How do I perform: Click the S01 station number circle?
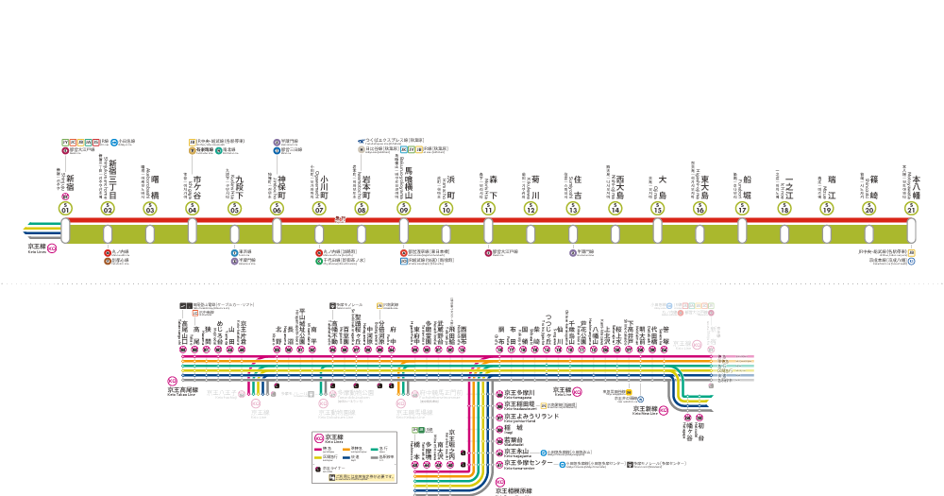click(66, 209)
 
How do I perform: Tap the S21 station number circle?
click(912, 209)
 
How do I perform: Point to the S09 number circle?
click(404, 209)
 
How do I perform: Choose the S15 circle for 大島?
click(658, 209)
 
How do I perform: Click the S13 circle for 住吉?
click(573, 209)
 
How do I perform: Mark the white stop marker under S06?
click(278, 231)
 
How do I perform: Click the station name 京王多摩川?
click(520, 392)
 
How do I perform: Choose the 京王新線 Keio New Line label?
click(648, 411)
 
